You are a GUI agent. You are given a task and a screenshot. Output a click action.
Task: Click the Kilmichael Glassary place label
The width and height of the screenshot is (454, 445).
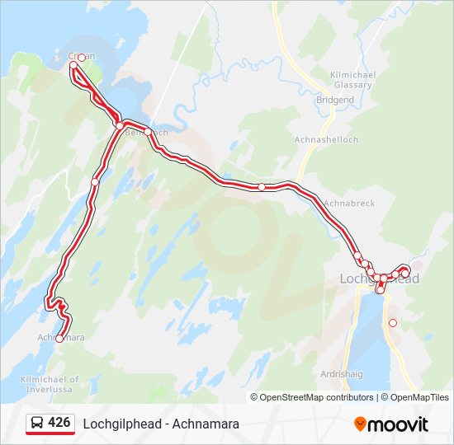point(352,79)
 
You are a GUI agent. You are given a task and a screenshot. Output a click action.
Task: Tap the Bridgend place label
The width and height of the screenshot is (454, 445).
point(334,100)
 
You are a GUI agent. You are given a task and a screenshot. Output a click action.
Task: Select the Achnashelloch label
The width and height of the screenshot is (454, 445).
point(326,140)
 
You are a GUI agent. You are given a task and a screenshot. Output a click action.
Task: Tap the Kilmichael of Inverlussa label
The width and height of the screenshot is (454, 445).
point(50,384)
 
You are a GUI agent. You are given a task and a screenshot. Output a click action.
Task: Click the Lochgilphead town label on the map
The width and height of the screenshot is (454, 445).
point(380,279)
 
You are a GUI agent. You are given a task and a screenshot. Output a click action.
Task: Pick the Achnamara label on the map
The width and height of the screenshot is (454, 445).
point(61,338)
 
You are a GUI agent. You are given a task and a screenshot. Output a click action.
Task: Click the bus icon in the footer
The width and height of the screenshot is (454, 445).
point(37,424)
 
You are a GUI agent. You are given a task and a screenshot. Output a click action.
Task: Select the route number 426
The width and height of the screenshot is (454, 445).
point(59,423)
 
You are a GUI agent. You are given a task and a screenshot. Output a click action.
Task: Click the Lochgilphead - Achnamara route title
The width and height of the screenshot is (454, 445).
point(161,424)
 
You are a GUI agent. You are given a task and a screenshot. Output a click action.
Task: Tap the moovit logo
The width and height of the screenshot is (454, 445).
point(391,424)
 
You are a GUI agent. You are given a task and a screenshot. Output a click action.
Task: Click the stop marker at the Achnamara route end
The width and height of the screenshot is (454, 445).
point(59,339)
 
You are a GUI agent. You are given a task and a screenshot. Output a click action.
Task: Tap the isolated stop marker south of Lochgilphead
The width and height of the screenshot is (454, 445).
point(393,323)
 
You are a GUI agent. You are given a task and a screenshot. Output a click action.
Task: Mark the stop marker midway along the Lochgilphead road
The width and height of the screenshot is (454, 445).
point(262,187)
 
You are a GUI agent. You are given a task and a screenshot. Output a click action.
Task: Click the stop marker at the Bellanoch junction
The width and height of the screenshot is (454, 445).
point(120,125)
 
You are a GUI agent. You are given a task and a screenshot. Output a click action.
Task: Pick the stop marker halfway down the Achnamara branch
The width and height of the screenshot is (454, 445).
point(95,182)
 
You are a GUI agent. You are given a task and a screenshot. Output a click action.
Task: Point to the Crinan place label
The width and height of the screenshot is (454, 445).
point(82,57)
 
